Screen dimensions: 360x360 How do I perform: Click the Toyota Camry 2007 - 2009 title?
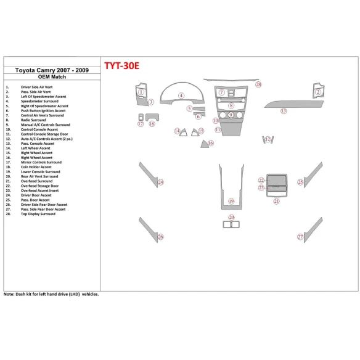[x=51, y=71]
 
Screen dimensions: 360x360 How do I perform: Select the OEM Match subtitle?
[x=51, y=78]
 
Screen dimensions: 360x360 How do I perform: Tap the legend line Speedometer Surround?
[x=41, y=101]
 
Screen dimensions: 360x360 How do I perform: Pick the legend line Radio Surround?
[x=35, y=120]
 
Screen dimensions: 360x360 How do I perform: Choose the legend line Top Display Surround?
[x=38, y=214]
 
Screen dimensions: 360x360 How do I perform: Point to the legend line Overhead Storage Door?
[x=39, y=186]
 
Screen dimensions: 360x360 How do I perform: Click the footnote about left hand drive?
[x=51, y=295]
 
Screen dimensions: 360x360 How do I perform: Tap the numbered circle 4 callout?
[x=181, y=96]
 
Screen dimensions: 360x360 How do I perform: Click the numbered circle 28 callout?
[x=259, y=84]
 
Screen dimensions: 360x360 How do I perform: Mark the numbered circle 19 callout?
[x=231, y=202]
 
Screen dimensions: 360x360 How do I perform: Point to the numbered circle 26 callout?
[x=160, y=237]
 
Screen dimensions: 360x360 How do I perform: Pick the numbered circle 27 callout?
[x=300, y=237]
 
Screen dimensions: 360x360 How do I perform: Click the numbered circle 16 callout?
[x=211, y=143]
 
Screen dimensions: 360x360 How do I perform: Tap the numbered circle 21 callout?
[x=277, y=201]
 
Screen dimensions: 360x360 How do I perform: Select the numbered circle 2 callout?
[x=319, y=92]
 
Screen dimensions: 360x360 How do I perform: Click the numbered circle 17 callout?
[x=141, y=124]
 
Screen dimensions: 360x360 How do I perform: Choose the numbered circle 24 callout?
[x=160, y=182]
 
